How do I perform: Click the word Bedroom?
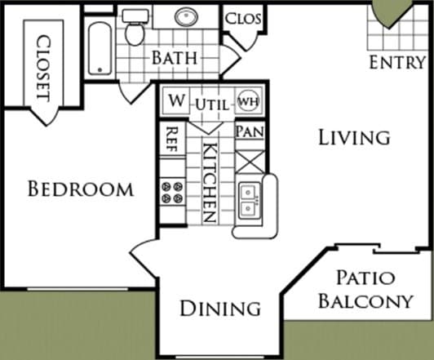click(x=80, y=189)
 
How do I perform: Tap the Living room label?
click(x=353, y=137)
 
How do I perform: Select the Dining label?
click(x=220, y=308)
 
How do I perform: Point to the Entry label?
click(x=396, y=62)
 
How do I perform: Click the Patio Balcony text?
click(x=365, y=289)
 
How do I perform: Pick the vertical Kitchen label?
click(x=209, y=183)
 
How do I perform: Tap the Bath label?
click(x=171, y=58)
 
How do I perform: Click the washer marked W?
click(x=176, y=101)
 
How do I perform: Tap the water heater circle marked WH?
click(x=247, y=102)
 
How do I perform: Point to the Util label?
click(x=211, y=103)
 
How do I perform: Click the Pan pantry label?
click(x=248, y=131)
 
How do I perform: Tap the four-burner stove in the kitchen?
click(x=172, y=193)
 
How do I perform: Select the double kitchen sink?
click(x=250, y=201)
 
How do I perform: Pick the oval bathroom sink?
click(x=186, y=16)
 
